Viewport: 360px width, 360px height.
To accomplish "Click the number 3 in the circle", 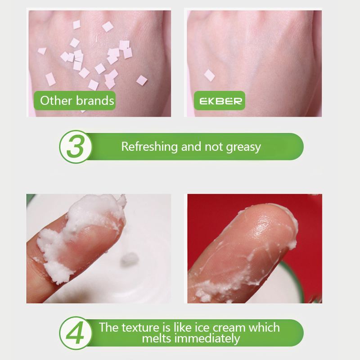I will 75,147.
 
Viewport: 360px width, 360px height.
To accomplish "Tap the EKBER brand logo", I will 220,101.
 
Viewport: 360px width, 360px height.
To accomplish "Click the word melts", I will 157,338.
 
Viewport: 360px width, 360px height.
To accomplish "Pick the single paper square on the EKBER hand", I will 209,75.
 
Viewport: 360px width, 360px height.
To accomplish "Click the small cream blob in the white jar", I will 129,258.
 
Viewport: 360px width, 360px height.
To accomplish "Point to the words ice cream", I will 215,327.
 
